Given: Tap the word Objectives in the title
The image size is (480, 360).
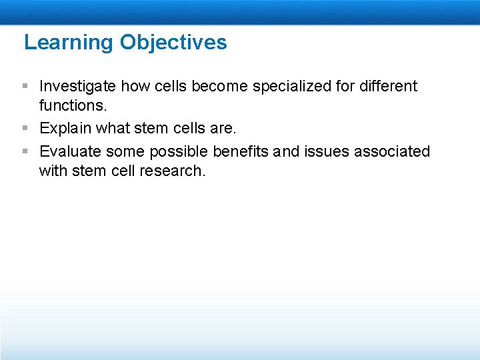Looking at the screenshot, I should pyautogui.click(x=173, y=43).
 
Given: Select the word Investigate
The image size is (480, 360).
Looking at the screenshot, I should pyautogui.click(x=78, y=86).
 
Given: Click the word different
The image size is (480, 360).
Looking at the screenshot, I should pyautogui.click(x=389, y=86).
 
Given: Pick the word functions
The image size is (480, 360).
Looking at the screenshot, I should pyautogui.click(x=70, y=105).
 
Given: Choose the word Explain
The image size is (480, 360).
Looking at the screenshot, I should pyautogui.click(x=65, y=129).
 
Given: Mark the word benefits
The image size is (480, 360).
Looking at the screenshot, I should pyautogui.click(x=241, y=152).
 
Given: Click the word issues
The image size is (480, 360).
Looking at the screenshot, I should pyautogui.click(x=327, y=152).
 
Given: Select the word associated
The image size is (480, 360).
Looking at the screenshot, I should pyautogui.click(x=392, y=152).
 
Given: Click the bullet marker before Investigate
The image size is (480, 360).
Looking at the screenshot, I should pyautogui.click(x=25, y=86).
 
